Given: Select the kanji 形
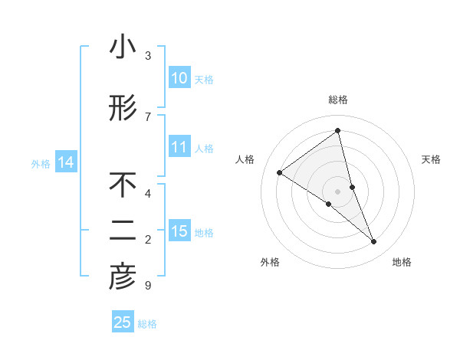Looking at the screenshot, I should click(123, 110).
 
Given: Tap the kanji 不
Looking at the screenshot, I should click(123, 185).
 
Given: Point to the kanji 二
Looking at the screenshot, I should click(123, 232).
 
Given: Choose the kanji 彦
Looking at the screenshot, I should click(123, 279).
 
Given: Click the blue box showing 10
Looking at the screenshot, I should click(179, 78).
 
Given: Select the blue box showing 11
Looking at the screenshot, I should click(179, 148).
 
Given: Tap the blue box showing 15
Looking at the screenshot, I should click(179, 232).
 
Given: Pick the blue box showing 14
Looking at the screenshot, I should click(66, 162).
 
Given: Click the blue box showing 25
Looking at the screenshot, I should click(123, 322).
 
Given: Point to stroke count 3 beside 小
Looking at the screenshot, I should click(148, 56).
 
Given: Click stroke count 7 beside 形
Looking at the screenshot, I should click(148, 117).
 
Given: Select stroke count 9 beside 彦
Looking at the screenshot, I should click(148, 286).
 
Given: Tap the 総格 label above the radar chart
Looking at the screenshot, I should click(338, 100).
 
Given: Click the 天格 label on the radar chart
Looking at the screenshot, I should click(431, 159).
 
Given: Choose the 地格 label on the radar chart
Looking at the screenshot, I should click(402, 262).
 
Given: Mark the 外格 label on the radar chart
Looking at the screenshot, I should click(269, 262).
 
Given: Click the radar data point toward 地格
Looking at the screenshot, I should click(374, 242).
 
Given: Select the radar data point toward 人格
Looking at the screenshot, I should click(279, 172).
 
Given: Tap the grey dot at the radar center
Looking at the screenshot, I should click(338, 191).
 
